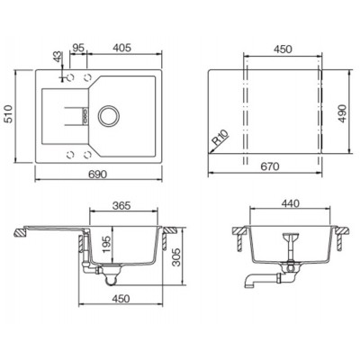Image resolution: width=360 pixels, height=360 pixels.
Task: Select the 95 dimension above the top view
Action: point(78,48)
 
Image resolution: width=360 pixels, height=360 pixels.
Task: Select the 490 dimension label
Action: point(342,112)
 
